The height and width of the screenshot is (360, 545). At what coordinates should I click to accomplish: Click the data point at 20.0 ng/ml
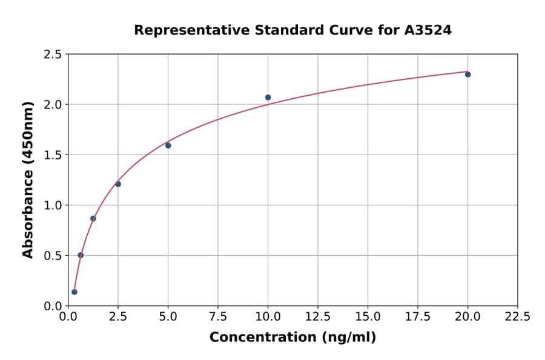click(467, 74)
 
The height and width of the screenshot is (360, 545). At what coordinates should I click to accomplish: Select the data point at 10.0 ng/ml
click(268, 98)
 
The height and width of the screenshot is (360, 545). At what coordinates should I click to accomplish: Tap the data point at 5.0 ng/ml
click(168, 145)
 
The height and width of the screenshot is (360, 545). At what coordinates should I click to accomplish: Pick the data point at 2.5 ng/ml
click(118, 184)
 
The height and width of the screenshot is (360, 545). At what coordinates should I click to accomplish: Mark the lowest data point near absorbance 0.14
click(74, 292)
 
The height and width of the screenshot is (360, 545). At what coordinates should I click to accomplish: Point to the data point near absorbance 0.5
click(81, 255)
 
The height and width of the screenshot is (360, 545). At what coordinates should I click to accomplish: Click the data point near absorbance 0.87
click(93, 218)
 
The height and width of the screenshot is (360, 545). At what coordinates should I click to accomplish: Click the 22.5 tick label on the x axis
click(517, 317)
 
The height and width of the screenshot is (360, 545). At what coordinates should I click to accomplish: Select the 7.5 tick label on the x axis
click(218, 317)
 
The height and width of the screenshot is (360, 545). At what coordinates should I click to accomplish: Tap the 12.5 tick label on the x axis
click(318, 317)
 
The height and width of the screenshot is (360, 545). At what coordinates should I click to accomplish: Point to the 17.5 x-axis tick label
click(417, 317)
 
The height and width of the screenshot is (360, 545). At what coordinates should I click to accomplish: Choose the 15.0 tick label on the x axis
click(368, 317)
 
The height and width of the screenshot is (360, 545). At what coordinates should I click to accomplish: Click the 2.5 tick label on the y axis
click(53, 55)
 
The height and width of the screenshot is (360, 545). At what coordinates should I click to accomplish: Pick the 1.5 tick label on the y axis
click(53, 155)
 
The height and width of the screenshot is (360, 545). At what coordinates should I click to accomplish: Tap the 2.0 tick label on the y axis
click(53, 105)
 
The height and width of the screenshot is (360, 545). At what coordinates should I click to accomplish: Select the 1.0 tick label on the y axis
click(53, 205)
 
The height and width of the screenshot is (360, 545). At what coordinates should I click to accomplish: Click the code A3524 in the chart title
click(428, 30)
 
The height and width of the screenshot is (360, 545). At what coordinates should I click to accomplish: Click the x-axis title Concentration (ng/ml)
click(292, 338)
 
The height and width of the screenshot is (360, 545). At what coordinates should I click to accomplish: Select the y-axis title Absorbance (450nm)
click(28, 180)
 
